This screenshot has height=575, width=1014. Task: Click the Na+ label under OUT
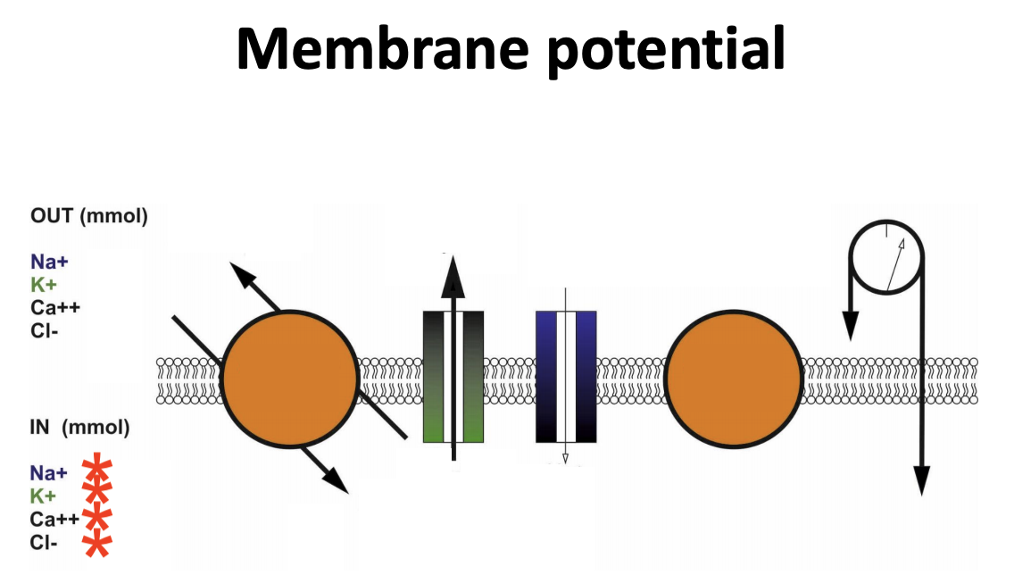(49, 262)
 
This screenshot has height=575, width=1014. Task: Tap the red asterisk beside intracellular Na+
(97, 471)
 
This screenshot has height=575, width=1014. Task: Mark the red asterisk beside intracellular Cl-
(97, 542)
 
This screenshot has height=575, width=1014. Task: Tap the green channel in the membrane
(433, 376)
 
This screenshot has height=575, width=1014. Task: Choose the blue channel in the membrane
(546, 376)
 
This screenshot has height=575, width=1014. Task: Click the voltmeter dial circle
(887, 258)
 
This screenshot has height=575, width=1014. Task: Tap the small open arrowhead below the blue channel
(564, 459)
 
